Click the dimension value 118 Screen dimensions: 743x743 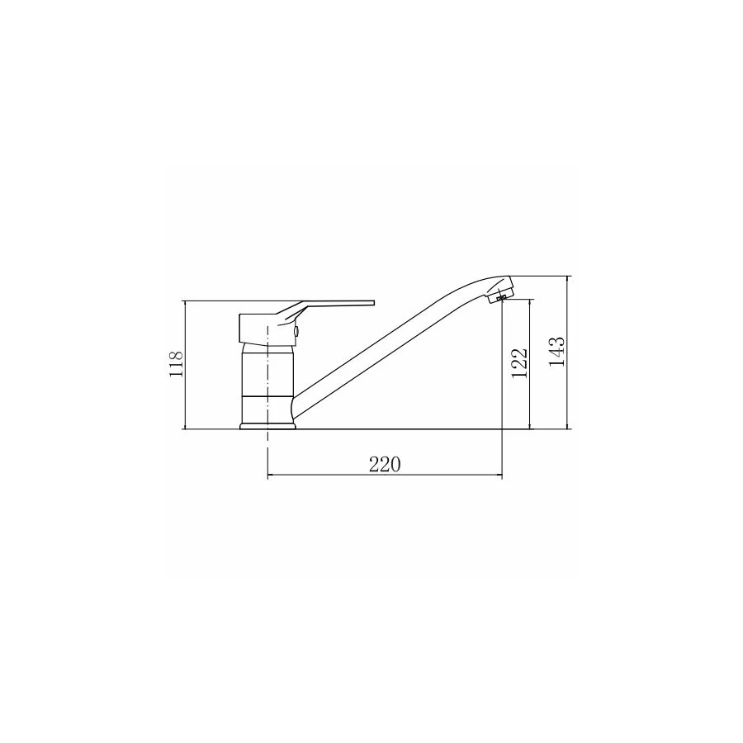176,364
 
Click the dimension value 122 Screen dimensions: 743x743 519,363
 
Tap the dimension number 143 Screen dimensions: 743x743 556,351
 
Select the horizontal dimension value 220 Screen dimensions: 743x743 385,465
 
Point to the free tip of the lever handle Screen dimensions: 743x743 374,302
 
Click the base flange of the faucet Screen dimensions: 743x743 267,427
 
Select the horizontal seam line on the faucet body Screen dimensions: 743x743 267,395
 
